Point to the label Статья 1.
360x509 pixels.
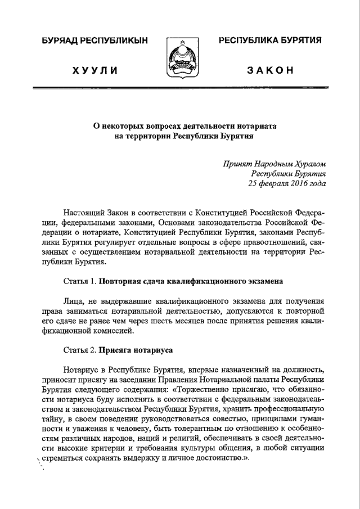pos(81,280)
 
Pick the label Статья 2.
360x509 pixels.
pos(81,349)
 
